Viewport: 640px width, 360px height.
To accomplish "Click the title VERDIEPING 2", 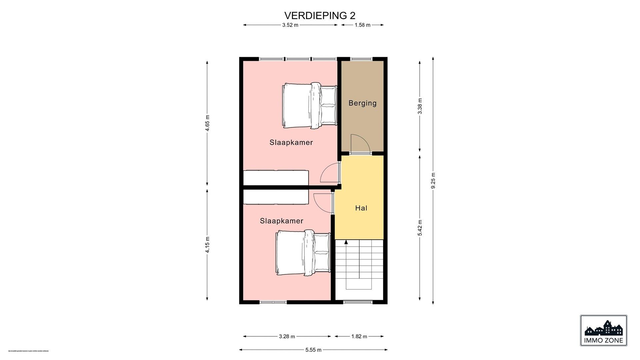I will [320, 16].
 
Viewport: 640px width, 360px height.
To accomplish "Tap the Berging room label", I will [362, 103].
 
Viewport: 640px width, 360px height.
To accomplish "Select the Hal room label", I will [361, 208].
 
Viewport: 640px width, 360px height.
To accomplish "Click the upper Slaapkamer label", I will [291, 143].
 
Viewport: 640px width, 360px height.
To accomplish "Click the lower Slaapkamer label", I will [281, 221].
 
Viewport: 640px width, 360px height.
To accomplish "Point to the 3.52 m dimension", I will [290, 25].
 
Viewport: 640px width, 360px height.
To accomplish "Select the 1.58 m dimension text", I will [362, 25].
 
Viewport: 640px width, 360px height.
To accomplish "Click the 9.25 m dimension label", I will [433, 180].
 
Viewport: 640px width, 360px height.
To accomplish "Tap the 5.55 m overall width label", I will [313, 350].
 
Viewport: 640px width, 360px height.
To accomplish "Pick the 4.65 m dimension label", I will [207, 123].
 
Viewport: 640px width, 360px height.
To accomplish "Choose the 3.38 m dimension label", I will [420, 106].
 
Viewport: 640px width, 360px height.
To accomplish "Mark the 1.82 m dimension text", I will [359, 336].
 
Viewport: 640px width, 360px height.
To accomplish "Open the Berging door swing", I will [360, 143].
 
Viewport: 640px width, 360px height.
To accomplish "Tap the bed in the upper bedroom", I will [308, 105].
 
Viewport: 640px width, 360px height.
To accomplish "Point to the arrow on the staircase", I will [346, 242].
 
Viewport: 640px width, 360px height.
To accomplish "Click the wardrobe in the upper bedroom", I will [276, 177].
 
